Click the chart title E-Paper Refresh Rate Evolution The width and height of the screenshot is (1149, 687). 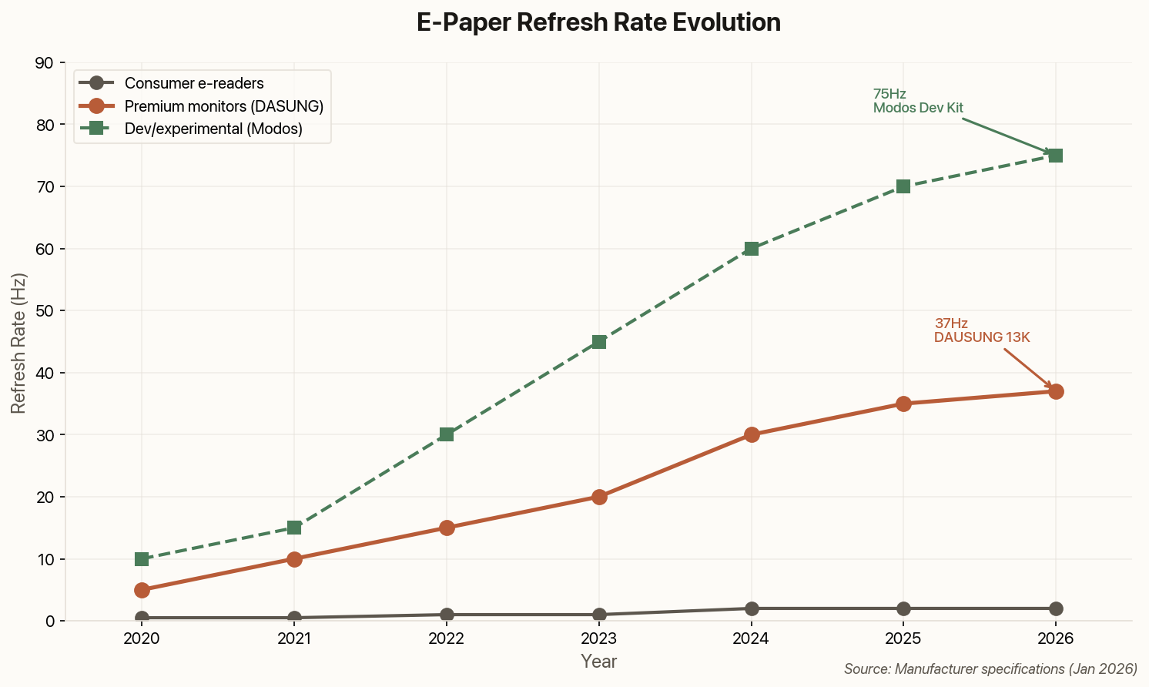598,22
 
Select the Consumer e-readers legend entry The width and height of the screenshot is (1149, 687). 194,83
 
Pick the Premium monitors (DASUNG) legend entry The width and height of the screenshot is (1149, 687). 223,106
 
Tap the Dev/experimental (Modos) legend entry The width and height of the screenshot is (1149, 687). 213,129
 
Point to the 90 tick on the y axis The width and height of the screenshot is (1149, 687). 45,63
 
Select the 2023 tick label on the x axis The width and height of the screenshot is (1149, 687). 598,638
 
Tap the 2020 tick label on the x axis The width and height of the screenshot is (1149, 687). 142,638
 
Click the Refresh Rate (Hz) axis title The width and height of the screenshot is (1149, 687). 18,342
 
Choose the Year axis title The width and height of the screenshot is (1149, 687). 598,662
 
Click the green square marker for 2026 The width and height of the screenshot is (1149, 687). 1056,156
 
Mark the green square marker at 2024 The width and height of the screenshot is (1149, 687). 752,249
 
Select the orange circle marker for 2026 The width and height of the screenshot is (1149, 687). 1056,391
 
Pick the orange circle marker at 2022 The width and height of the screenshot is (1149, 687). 447,528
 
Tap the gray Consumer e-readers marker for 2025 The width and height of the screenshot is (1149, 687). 903,608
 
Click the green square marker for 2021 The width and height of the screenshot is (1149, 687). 294,528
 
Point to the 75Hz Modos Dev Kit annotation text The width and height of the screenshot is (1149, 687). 918,101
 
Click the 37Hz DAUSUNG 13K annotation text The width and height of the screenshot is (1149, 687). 982,330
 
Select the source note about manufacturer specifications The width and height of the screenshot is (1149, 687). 990,669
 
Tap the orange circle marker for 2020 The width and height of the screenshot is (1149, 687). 142,590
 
